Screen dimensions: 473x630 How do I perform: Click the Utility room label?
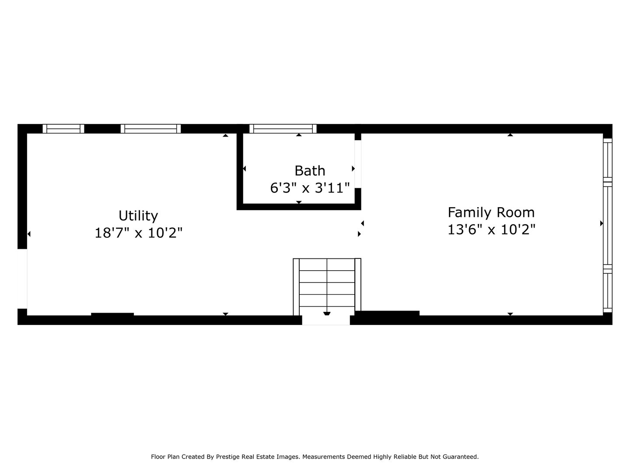point(138,215)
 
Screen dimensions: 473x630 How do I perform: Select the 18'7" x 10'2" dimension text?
point(138,233)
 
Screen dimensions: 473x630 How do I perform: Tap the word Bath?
point(310,170)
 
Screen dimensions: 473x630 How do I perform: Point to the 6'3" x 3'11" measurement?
point(310,188)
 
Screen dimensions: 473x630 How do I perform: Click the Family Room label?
point(491,212)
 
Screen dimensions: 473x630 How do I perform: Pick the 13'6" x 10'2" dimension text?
point(491,229)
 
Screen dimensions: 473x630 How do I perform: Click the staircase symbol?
point(327,283)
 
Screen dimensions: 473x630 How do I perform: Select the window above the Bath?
point(283,129)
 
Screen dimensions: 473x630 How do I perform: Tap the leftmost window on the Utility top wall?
point(63,129)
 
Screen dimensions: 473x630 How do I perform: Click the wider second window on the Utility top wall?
point(150,129)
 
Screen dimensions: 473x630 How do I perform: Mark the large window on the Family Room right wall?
point(608,226)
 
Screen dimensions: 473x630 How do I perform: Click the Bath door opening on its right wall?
point(358,164)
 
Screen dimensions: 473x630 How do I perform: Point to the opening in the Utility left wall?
point(22,279)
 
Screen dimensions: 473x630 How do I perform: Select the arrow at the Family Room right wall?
point(602,223)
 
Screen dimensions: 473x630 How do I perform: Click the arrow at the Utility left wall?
point(29,234)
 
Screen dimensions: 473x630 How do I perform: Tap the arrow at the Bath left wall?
point(244,169)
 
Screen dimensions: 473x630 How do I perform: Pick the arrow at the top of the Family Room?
point(510,135)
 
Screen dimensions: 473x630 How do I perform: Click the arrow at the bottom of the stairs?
point(327,314)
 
